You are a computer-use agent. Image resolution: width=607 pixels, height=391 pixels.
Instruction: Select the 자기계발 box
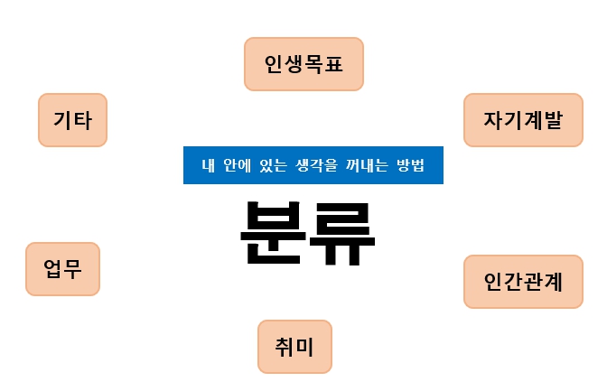pyautogui.click(x=523, y=120)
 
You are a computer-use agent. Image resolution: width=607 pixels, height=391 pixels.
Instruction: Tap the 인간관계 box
pyautogui.click(x=523, y=282)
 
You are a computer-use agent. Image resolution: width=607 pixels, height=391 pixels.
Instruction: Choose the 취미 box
pyautogui.click(x=294, y=346)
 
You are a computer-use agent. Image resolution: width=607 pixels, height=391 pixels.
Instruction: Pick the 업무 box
pyautogui.click(x=62, y=269)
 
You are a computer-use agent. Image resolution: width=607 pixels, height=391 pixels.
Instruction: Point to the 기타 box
pyautogui.click(x=72, y=120)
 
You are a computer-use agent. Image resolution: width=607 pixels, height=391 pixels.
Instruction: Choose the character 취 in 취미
pyautogui.click(x=282, y=346)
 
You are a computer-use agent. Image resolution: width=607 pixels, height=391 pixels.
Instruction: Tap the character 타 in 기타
pyautogui.click(x=85, y=120)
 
